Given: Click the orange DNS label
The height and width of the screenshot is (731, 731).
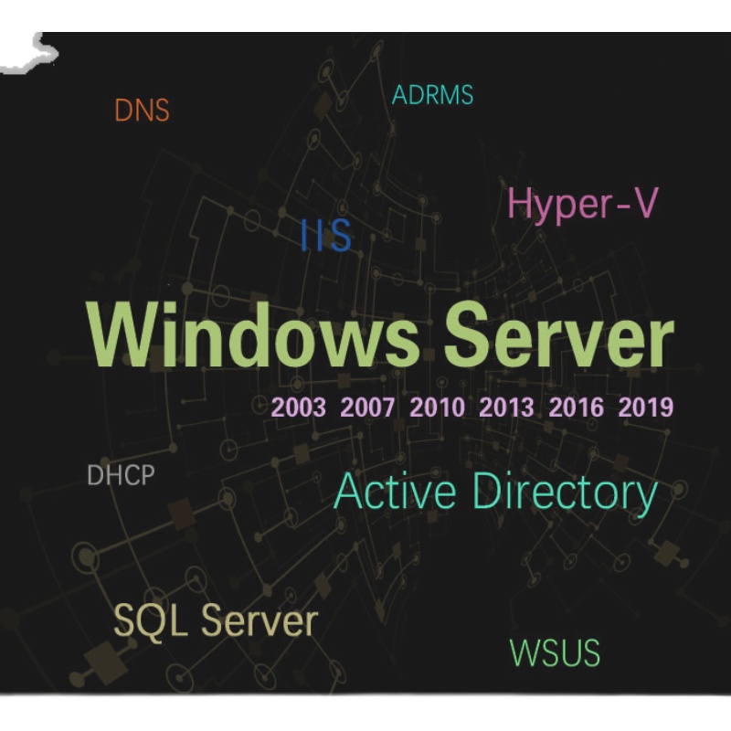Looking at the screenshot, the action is [x=142, y=111].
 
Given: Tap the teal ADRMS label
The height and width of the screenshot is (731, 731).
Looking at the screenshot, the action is [x=432, y=94].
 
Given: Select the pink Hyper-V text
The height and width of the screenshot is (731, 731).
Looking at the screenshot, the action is [x=582, y=203].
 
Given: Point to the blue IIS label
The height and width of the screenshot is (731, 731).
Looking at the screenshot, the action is [x=326, y=236].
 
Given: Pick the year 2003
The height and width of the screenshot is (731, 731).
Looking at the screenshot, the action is [x=299, y=408].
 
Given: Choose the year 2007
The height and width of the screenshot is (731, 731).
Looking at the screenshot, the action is [x=367, y=408].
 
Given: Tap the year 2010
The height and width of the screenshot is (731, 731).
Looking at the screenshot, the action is [x=437, y=408].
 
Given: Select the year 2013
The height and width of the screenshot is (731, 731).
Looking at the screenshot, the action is [x=506, y=408].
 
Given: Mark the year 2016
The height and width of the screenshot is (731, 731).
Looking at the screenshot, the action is [x=576, y=408].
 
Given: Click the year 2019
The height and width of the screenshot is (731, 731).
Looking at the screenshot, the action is [x=645, y=408].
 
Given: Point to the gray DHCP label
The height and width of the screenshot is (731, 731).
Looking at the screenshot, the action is [x=120, y=476].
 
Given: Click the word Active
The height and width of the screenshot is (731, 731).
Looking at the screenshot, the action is [x=395, y=493].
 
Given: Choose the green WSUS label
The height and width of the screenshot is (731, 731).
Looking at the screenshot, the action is [x=555, y=653].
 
